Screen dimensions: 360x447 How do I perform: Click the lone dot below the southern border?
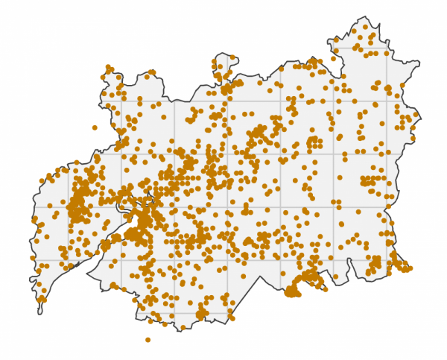coord(148,340)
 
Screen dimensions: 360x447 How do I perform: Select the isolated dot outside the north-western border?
coord(95,127)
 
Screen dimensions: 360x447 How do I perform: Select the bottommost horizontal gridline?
coord(186,313)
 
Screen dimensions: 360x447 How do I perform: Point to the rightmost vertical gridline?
coord(387,149)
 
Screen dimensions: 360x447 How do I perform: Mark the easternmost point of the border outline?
coord(420,115)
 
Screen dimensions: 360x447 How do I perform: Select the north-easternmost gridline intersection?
coord(387,48)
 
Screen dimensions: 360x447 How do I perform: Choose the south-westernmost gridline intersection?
coord(69,260)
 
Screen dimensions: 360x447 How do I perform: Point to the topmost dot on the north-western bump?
coord(109,68)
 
